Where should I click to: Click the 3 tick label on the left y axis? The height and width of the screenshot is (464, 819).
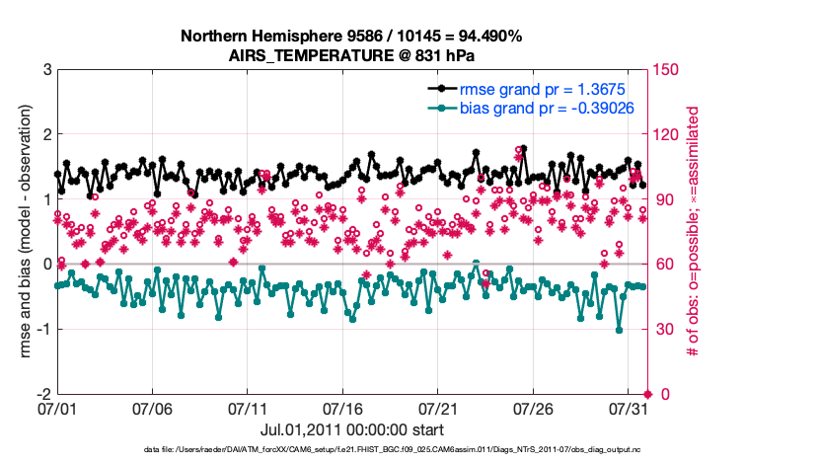pos(45,70)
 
